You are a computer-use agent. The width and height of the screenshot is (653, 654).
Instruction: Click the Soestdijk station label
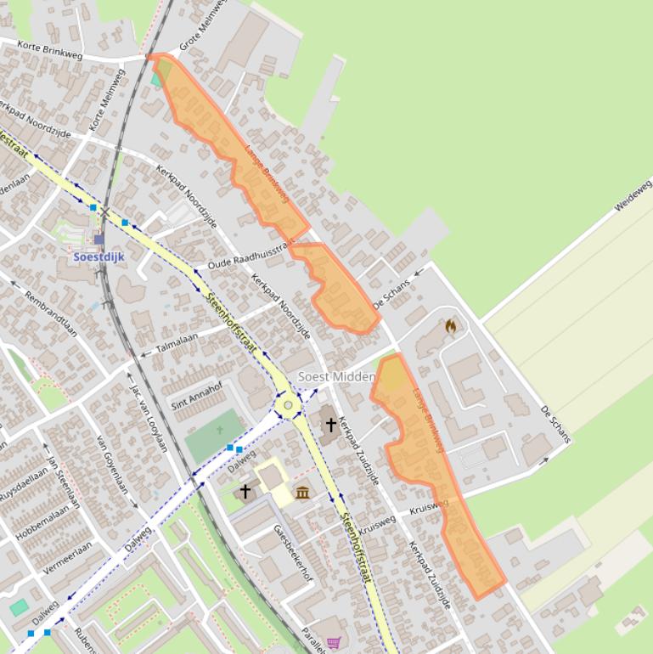tap(99, 256)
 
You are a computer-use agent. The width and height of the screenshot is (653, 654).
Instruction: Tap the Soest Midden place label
tap(336, 376)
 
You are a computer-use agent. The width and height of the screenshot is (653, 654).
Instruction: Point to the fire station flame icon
tap(450, 326)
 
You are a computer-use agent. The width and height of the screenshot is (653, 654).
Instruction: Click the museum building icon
tap(302, 492)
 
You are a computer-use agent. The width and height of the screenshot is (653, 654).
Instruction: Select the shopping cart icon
tap(334, 643)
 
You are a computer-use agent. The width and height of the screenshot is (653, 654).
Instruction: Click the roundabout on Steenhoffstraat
tap(289, 405)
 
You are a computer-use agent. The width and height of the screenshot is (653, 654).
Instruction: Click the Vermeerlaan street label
tap(67, 560)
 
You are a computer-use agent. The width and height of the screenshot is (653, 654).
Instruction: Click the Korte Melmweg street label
tap(107, 100)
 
